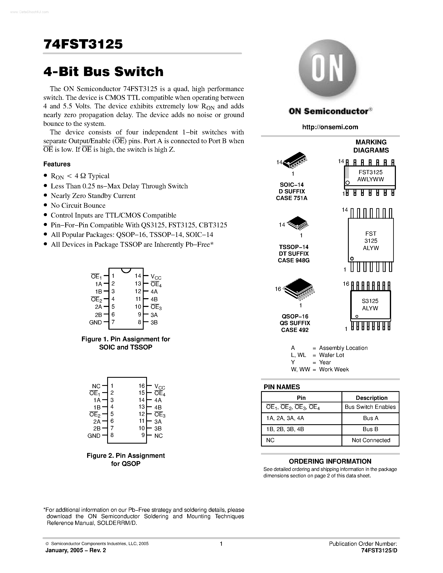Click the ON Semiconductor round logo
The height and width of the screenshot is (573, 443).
click(x=328, y=69)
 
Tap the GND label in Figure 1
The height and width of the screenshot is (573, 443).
click(x=95, y=323)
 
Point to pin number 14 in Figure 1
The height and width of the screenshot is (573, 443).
click(x=138, y=276)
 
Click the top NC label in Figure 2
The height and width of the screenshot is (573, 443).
click(x=96, y=386)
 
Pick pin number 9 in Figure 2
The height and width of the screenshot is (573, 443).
click(x=143, y=435)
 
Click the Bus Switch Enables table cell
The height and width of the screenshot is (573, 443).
click(x=370, y=407)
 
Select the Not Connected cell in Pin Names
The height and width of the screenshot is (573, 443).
click(x=371, y=440)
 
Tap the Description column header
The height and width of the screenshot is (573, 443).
click(x=371, y=398)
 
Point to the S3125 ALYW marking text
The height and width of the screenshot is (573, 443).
click(x=370, y=305)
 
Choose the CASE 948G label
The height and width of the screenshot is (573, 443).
click(x=294, y=260)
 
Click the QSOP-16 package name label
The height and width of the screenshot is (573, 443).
click(x=295, y=317)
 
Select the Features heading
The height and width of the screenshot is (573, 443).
click(x=57, y=164)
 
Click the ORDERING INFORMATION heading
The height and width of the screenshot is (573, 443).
click(x=330, y=461)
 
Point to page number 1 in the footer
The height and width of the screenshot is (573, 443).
click(x=221, y=544)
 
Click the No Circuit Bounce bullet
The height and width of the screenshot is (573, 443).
click(x=78, y=205)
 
